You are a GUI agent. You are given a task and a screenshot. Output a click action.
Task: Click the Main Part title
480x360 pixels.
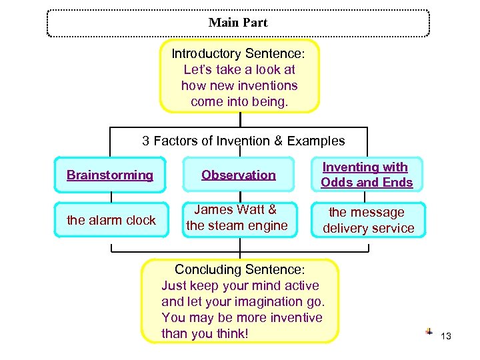pos(238,23)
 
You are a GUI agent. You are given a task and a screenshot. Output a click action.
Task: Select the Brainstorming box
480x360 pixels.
pos(110,175)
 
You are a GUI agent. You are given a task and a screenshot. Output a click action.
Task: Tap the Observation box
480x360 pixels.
pos(239,175)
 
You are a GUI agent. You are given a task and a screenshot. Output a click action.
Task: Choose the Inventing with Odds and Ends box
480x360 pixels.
pos(367,175)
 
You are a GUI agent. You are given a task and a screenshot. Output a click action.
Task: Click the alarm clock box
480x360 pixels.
pos(111,220)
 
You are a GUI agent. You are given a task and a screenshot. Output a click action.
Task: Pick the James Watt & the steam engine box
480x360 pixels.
pos(237,218)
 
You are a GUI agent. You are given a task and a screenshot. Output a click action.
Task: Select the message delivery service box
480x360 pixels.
pos(367,220)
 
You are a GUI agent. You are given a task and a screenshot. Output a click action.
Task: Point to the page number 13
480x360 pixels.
pos(446,336)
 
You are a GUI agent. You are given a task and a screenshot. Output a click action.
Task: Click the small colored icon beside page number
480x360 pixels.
pos(429,331)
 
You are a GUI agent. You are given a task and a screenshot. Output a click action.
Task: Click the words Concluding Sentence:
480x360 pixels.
pos(239,270)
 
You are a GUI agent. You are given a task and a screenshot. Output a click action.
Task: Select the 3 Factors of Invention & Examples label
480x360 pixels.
pos(243,141)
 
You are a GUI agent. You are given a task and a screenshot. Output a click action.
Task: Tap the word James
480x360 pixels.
pos(212,210)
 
